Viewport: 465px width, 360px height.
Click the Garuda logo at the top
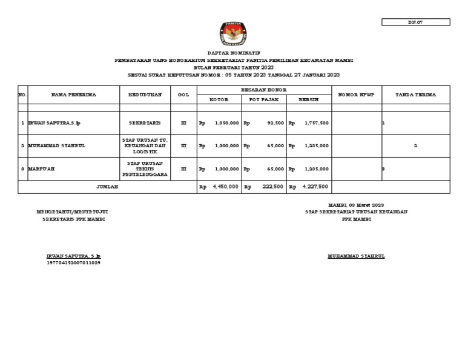tap(232, 34)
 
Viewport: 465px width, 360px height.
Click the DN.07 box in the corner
tap(415, 22)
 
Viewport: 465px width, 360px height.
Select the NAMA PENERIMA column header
tap(74, 95)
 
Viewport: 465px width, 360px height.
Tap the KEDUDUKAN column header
tap(145, 95)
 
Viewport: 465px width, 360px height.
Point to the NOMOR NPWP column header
tap(357, 95)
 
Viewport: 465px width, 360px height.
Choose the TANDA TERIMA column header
tap(415, 95)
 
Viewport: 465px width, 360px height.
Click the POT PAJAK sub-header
tap(264, 99)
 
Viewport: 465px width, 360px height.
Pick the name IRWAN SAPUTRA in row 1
tap(54, 123)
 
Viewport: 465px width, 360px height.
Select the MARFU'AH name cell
tap(42, 169)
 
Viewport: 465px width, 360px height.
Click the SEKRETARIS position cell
tap(145, 123)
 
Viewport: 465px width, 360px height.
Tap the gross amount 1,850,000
tap(226, 123)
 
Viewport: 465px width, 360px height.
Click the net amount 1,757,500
tap(317, 123)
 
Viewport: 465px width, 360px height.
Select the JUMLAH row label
tap(107, 187)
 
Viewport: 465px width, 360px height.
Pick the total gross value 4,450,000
tap(225, 187)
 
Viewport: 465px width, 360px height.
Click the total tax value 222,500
tap(273, 187)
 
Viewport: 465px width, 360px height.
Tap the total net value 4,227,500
tap(315, 187)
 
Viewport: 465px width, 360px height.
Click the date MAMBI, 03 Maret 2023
tap(356, 205)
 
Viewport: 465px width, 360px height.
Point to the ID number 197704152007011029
tap(73, 263)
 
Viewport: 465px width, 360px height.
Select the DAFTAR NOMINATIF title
tap(232, 54)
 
